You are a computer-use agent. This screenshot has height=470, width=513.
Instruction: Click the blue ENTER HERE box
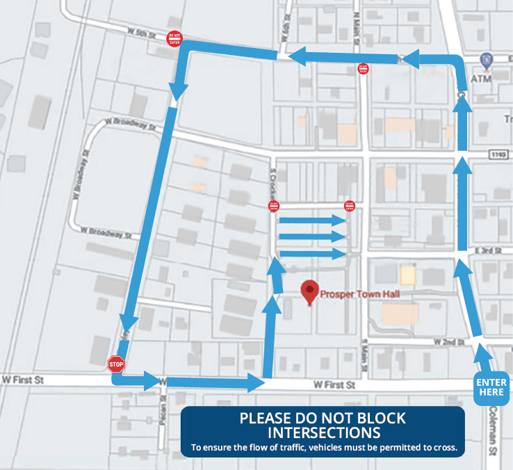click(491, 387)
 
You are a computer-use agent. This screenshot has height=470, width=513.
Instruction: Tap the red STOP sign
click(116, 364)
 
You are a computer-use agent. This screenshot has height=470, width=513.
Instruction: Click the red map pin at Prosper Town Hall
click(309, 291)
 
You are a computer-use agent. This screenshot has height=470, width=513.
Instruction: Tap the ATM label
click(482, 79)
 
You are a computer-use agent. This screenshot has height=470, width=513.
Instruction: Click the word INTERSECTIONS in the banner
click(323, 432)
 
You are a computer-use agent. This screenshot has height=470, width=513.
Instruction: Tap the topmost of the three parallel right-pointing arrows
click(312, 220)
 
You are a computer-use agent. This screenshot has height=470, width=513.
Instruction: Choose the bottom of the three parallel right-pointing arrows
click(312, 254)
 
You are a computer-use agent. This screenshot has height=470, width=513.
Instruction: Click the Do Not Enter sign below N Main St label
click(362, 69)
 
